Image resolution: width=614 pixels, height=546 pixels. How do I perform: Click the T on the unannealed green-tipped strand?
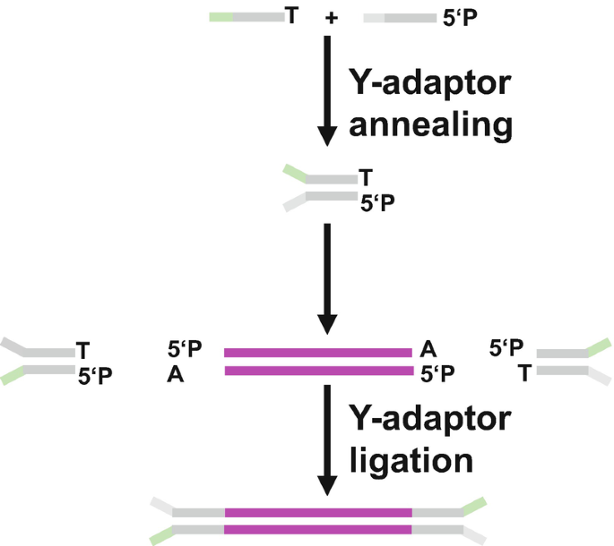coord(290,16)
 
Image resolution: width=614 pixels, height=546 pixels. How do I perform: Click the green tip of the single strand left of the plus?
coord(221,17)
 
